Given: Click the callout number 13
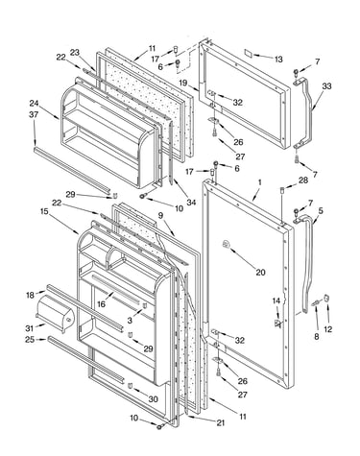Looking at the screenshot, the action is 278,60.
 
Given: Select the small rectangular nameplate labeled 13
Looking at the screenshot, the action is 249,53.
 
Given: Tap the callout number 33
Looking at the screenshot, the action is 326,86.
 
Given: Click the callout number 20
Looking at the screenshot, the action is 260,272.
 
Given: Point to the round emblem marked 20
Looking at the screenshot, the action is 226,245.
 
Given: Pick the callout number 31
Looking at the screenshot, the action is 31,328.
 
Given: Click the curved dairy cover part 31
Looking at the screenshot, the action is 56,312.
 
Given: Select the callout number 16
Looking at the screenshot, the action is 101,304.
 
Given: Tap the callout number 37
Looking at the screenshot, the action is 34,114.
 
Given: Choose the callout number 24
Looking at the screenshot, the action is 34,104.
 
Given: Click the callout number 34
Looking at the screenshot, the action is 191,202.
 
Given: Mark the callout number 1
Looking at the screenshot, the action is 259,182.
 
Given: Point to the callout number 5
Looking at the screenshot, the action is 321,210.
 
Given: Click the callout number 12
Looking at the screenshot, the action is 328,328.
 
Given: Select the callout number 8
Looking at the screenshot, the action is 316,336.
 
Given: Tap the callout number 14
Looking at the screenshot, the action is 276,300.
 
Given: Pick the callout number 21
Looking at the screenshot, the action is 220,422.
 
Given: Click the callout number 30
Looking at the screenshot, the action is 153,399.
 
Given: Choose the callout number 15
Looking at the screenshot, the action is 44,211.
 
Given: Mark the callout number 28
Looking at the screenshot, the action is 303,180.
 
